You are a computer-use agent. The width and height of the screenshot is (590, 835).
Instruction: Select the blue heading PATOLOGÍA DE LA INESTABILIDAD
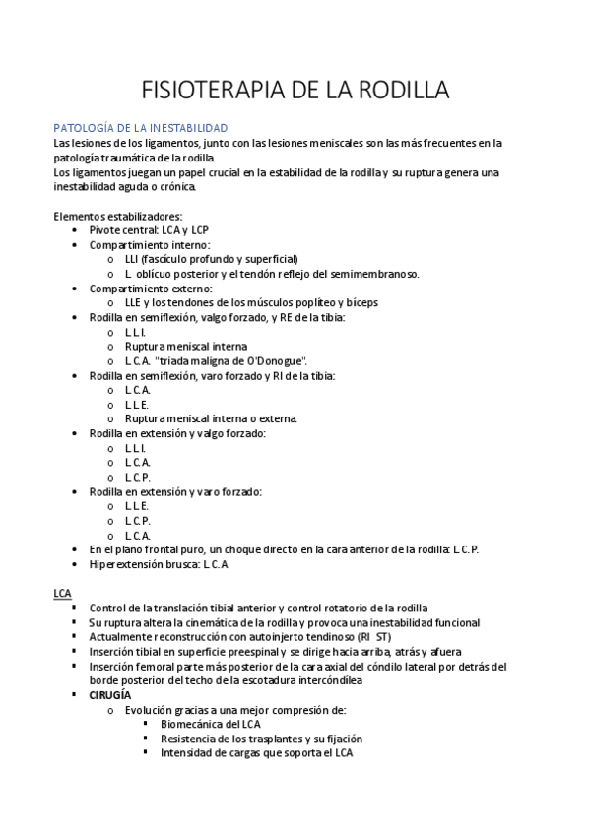pos(140,128)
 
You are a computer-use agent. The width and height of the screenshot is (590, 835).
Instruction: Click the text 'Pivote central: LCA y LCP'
pos(156,230)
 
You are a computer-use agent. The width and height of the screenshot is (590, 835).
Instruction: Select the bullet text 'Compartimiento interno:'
pos(150,245)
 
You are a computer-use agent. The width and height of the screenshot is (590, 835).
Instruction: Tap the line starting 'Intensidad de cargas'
pos(256,753)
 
